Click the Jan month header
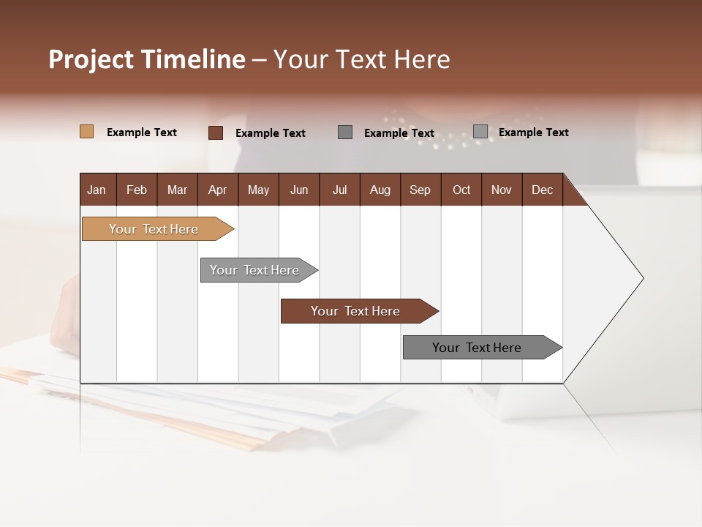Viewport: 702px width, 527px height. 97,190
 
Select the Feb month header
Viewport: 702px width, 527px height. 137,190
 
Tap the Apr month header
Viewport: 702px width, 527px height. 218,190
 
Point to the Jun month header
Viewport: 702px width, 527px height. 299,190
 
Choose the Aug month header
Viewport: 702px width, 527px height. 380,190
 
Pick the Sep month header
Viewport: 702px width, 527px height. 420,190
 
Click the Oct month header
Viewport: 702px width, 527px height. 461,190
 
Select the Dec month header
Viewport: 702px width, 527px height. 543,190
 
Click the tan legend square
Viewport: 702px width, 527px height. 86,132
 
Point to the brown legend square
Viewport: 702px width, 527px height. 216,132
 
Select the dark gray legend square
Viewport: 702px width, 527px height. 345,132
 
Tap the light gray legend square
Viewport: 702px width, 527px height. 480,131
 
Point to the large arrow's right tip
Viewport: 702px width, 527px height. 641,278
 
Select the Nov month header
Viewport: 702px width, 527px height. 502,190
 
